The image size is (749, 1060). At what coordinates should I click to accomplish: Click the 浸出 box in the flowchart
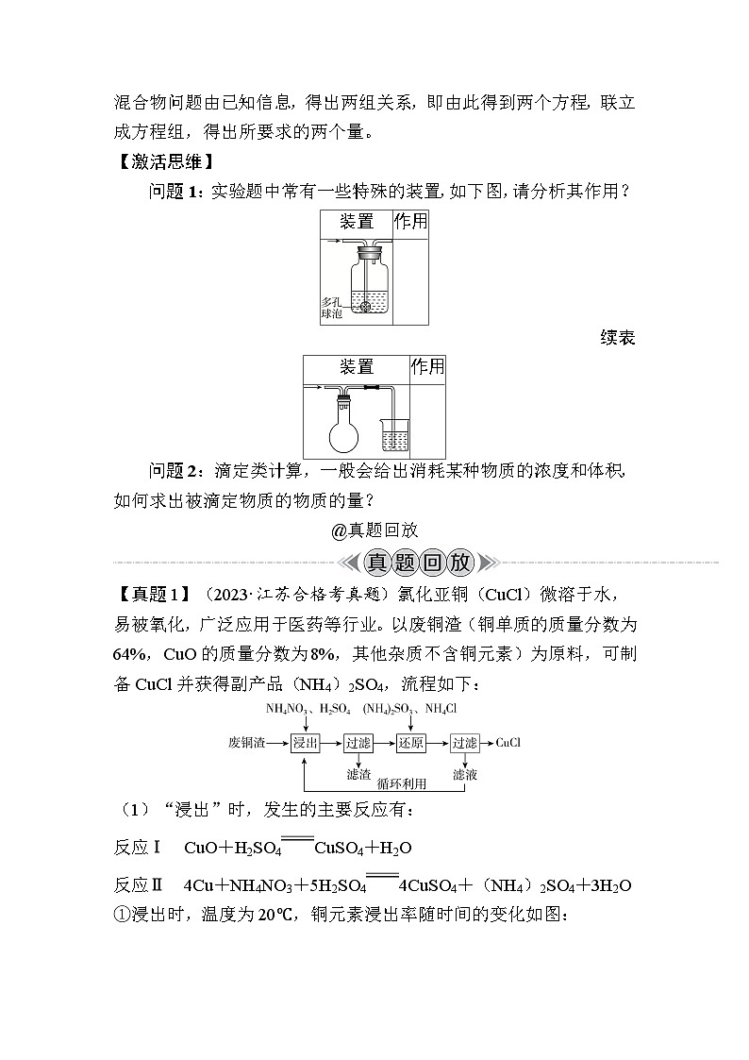click(x=305, y=743)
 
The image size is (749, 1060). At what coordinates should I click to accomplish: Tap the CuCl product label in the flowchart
click(x=508, y=743)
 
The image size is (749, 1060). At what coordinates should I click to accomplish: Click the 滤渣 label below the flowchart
click(x=358, y=774)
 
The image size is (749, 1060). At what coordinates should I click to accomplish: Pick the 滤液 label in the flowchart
click(x=465, y=774)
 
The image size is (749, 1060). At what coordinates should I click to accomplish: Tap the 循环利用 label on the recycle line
click(x=402, y=783)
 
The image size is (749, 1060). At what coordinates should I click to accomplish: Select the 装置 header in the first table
click(x=357, y=222)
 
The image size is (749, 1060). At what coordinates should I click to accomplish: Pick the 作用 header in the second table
click(x=427, y=366)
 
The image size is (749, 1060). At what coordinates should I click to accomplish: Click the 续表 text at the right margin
click(x=617, y=337)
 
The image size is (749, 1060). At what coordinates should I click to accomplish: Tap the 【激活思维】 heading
click(x=165, y=161)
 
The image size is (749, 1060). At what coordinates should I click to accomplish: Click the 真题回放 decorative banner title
click(x=419, y=564)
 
